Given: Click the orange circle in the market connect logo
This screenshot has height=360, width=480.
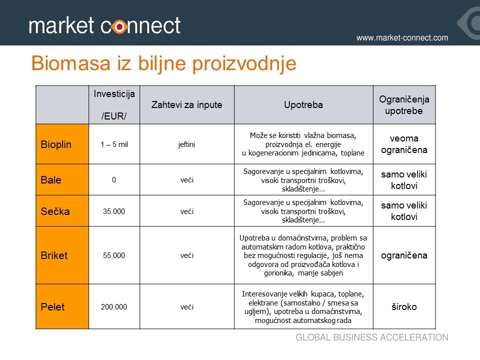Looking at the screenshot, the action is pos(119,27).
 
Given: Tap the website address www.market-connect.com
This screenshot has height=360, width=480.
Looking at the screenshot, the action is pos(402,37).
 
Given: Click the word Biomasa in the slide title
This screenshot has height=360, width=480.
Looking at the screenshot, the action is pos(70,63).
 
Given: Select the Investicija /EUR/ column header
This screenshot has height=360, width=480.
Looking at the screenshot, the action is pos(114,104).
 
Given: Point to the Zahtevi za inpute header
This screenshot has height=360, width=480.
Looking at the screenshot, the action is pos(186,104).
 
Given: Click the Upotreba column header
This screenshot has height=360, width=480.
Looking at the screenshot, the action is pos(303,104).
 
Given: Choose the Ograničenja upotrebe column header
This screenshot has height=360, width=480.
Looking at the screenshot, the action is pos(404,104).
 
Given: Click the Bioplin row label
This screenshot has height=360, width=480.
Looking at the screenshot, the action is pos(56,144).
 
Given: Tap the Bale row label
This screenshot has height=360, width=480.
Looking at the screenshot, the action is pos(51,179).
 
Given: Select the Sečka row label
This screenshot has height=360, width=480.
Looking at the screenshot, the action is pos(55,211).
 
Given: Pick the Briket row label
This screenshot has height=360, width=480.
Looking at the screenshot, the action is pos(54,255).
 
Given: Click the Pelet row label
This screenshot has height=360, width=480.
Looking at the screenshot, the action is pos(52,306).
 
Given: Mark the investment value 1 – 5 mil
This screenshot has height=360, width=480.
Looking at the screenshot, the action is pos(114,144).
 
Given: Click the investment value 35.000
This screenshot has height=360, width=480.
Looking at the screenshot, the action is pos(114,211).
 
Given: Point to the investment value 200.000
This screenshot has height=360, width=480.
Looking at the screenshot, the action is pos(114,306).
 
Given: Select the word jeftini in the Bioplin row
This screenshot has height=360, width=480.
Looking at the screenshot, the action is pos(186,144).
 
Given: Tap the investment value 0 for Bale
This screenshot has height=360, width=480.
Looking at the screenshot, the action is pos(114,180).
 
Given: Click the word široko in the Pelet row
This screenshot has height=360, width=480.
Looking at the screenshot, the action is pos(404,306).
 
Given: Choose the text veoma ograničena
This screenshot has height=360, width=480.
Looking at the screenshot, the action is pos(404,144).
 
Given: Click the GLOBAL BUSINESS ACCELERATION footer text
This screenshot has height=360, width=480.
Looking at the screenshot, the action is pos(371,337).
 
